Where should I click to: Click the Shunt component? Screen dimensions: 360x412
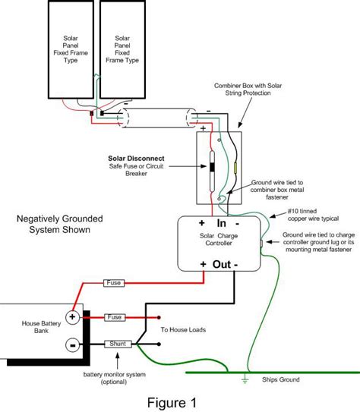(118, 344)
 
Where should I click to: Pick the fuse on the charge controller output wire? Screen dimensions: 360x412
(114, 283)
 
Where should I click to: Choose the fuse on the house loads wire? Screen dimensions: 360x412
(115, 317)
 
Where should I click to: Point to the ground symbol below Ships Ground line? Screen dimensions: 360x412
(245, 379)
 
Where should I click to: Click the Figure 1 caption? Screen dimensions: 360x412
(172, 403)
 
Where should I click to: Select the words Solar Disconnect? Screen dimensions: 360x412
(136, 159)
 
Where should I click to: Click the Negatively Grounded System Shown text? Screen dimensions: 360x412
(60, 224)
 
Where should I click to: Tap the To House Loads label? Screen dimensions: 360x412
(183, 330)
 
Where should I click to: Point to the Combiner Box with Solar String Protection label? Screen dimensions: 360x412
(248, 90)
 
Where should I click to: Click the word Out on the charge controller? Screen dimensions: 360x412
(222, 264)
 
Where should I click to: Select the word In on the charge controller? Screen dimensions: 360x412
(222, 223)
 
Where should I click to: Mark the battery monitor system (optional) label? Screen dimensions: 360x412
(114, 378)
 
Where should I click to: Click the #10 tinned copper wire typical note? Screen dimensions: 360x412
(313, 215)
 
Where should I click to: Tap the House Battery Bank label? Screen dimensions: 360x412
(41, 327)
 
